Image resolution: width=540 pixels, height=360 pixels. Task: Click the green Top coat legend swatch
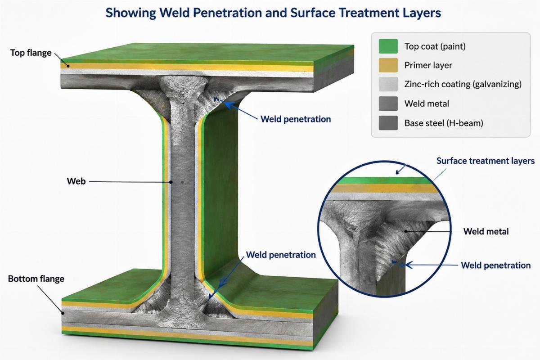pos(388,46)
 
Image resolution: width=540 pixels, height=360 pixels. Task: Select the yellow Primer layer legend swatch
pos(388,65)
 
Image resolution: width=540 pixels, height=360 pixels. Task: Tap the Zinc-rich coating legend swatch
pos(388,84)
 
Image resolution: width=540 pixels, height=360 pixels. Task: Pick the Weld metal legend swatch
pos(388,103)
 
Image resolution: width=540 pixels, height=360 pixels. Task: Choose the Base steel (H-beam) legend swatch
pos(388,123)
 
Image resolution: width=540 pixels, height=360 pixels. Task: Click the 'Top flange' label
pos(31,53)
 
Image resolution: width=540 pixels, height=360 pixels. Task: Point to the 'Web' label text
pos(76,181)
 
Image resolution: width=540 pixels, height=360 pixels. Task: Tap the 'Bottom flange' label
pos(36,279)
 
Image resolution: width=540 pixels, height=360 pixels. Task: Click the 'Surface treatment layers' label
pos(486,161)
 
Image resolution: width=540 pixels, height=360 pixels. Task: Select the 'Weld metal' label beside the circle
pos(486,231)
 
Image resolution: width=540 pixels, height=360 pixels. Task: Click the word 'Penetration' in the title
pos(227,13)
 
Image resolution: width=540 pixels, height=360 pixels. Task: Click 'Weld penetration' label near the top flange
pos(296,119)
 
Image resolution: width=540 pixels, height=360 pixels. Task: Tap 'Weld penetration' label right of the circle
pos(496,265)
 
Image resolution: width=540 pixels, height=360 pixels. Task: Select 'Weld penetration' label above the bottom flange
pos(281,255)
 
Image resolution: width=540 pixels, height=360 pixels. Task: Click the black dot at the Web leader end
pos(171,182)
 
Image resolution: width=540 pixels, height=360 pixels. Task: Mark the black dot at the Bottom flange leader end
pos(63,313)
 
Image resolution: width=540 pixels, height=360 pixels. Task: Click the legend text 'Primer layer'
pos(428,65)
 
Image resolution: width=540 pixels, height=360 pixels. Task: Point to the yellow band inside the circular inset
pos(384,188)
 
